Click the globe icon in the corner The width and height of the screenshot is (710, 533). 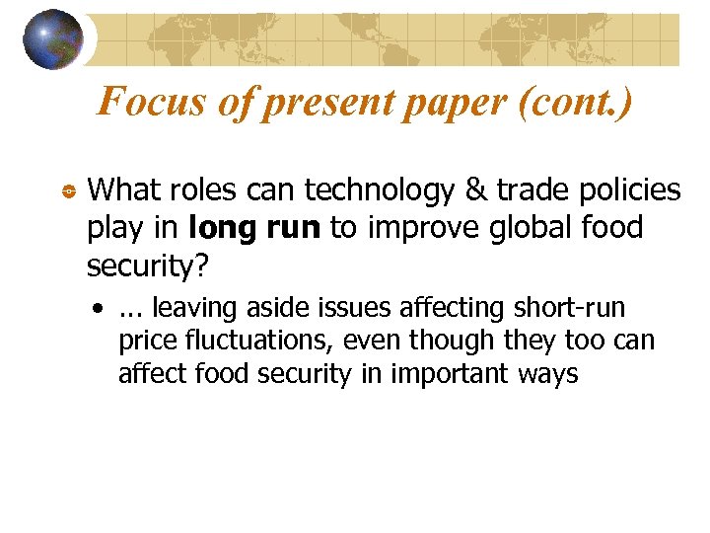53,38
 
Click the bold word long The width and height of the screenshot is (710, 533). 218,228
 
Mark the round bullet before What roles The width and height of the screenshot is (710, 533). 68,190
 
